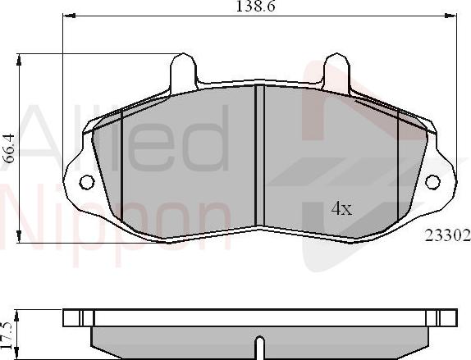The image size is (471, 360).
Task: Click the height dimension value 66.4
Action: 9,148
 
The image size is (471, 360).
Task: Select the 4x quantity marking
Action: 341,209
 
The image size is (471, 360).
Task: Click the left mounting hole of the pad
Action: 85,181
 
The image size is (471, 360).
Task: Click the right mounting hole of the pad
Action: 432,181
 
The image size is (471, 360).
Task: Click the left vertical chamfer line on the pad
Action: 121,164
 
